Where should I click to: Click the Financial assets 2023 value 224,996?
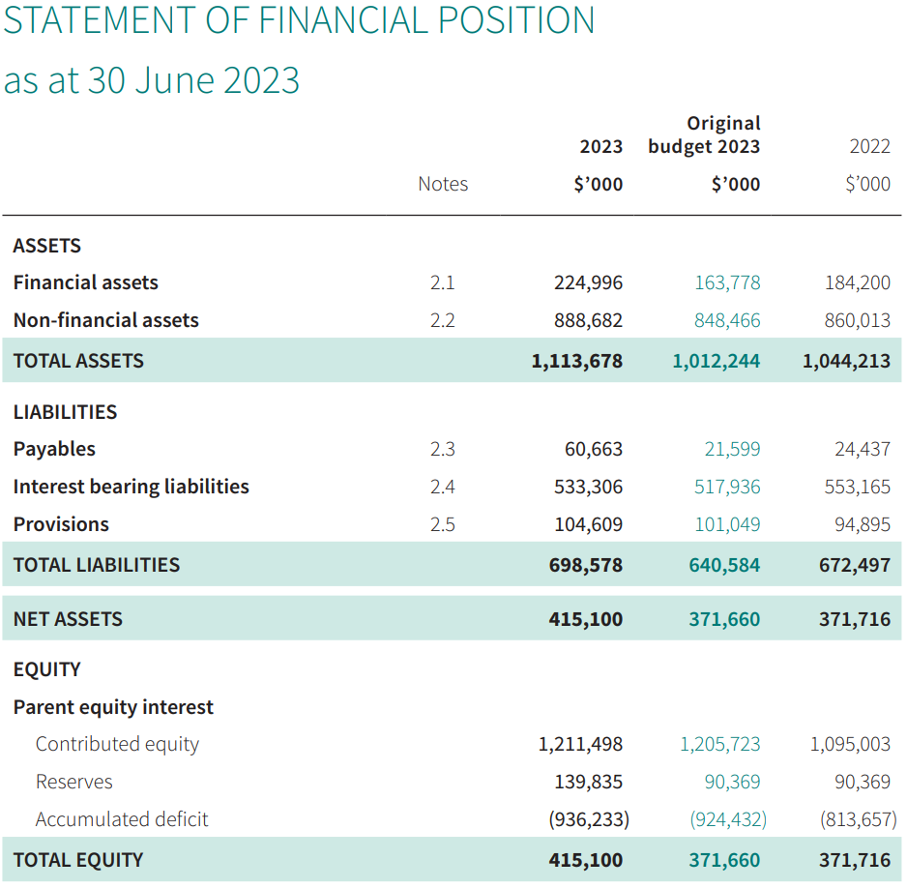[588, 282]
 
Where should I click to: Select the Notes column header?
[443, 184]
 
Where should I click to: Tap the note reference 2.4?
[443, 487]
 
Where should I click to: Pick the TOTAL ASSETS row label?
[78, 361]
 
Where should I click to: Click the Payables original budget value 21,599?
[732, 449]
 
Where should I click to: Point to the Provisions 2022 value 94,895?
[862, 524]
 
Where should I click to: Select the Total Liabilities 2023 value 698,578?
[585, 565]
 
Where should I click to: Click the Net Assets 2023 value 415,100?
[585, 619]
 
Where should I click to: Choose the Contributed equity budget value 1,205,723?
[719, 744]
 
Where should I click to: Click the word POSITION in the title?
[516, 20]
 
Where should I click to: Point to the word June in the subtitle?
[173, 80]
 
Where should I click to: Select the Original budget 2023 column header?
[704, 134]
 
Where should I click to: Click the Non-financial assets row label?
[105, 320]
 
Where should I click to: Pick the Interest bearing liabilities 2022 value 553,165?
[858, 487]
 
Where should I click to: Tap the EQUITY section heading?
[46, 669]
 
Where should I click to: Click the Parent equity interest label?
[113, 707]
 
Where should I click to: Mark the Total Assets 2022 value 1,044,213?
[846, 361]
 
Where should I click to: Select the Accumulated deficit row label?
[122, 819]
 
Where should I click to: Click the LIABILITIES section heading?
[65, 412]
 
